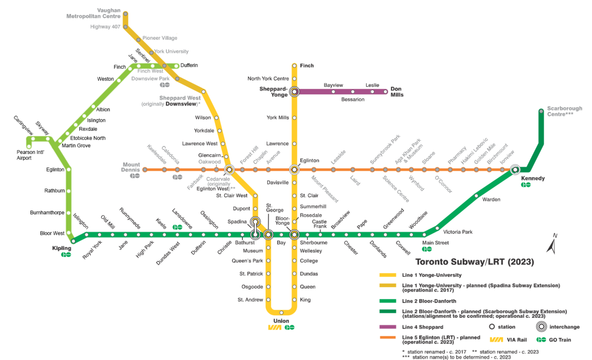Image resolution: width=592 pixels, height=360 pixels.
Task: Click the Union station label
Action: click(x=281, y=321)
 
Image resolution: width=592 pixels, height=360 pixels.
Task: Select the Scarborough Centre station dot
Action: click(x=541, y=111)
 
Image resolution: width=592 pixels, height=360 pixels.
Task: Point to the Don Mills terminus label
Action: click(x=397, y=92)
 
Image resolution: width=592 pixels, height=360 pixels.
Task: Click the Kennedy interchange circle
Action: click(x=515, y=170)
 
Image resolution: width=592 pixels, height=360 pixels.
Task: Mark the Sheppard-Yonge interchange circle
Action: click(x=294, y=92)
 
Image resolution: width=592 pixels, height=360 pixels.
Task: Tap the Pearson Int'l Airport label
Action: click(x=31, y=155)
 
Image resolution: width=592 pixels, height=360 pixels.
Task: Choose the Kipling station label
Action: click(x=62, y=248)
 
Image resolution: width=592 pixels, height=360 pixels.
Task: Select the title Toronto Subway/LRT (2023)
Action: click(x=475, y=262)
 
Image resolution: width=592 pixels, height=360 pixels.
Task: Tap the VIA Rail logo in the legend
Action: click(x=496, y=340)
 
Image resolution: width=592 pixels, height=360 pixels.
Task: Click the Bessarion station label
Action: click(x=352, y=99)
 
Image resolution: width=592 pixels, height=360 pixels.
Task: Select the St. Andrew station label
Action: click(x=250, y=300)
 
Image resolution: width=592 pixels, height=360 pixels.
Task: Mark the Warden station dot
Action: click(x=476, y=195)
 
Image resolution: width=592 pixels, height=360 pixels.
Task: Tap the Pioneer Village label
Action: click(x=160, y=38)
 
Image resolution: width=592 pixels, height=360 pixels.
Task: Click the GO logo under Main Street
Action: click(x=427, y=249)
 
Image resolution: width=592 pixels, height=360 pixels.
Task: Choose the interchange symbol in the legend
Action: click(x=539, y=327)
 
